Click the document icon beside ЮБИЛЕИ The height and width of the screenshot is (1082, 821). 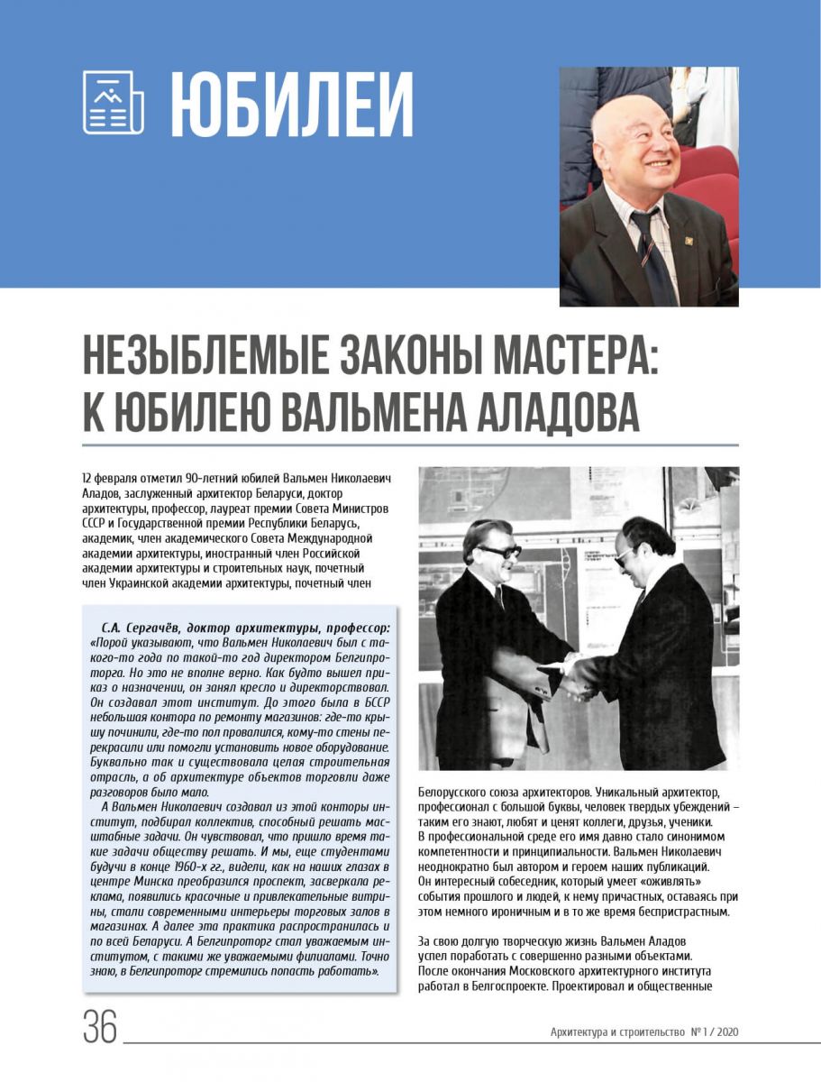tap(113, 103)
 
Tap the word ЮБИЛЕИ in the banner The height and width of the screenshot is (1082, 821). tap(291, 105)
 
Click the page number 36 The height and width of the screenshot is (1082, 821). tap(100, 1026)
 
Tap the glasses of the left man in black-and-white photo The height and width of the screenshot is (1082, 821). tap(497, 551)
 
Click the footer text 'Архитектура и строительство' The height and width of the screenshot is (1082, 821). tap(617, 1032)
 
